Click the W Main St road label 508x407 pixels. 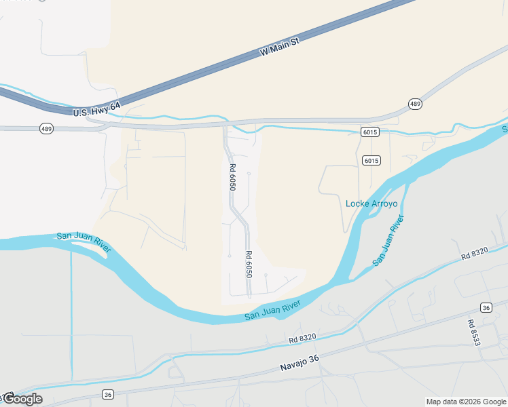(280, 47)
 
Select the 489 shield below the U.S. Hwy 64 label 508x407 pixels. (46, 128)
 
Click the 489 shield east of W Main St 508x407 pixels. (415, 104)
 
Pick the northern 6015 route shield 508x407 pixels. (370, 132)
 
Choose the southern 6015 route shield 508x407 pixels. (371, 161)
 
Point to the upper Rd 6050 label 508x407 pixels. (232, 177)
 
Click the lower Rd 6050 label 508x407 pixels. (249, 264)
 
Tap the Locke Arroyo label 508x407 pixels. (371, 203)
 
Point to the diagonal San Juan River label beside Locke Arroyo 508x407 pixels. (388, 239)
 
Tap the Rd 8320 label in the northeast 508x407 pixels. (474, 254)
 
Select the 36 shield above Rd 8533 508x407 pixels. (486, 307)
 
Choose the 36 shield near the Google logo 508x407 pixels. (108, 394)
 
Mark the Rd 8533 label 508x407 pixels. (473, 332)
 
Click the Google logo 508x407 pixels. (22, 399)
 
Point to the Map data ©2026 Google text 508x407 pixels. (465, 402)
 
